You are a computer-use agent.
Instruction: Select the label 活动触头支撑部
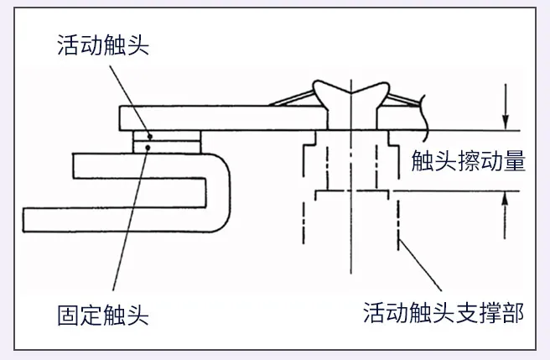click(x=444, y=314)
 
